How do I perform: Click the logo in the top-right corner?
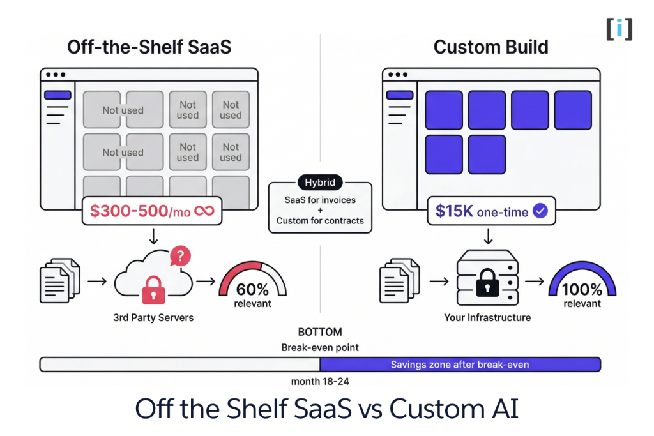click(619, 29)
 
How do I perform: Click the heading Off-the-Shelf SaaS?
click(149, 47)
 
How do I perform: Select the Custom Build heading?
click(490, 47)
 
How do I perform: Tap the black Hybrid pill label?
click(320, 183)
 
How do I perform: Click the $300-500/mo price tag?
click(152, 211)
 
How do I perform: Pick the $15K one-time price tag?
click(491, 211)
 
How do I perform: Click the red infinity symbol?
click(205, 211)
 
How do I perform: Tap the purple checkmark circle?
click(540, 211)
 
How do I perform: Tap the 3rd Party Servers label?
click(153, 317)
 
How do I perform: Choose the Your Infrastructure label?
click(488, 317)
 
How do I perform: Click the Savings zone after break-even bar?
click(460, 365)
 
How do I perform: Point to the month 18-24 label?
click(320, 382)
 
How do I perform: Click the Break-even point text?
click(320, 348)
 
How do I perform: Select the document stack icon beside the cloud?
click(61, 280)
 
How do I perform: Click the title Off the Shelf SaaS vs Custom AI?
click(326, 409)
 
